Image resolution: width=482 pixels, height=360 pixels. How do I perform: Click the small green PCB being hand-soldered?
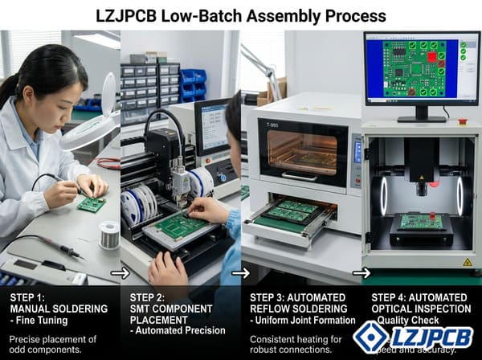click(x=91, y=204)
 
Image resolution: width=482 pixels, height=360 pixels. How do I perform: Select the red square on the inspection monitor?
click(x=431, y=56)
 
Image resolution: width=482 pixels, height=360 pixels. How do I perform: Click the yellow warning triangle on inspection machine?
click(x=467, y=262)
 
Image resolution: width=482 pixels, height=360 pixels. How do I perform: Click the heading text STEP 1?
click(x=29, y=297)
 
